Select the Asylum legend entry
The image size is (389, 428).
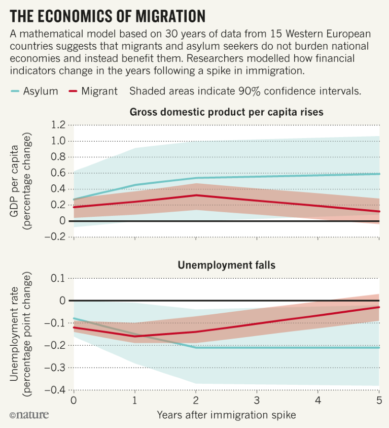[x=34, y=91]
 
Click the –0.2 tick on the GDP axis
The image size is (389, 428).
[x=56, y=237]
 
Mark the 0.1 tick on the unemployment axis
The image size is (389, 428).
[x=59, y=278]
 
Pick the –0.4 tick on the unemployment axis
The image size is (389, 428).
[x=56, y=389]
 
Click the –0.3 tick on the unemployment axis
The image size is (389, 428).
[x=56, y=367]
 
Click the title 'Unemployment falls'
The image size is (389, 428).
[x=226, y=265]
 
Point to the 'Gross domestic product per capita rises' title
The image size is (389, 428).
[x=226, y=112]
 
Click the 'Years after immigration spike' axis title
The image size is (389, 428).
[x=226, y=414]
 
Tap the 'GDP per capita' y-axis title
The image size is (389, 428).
[x=15, y=181]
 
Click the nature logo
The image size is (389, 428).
[x=29, y=415]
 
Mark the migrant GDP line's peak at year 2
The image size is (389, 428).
[x=196, y=195]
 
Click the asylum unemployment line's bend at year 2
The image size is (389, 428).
[x=196, y=348]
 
